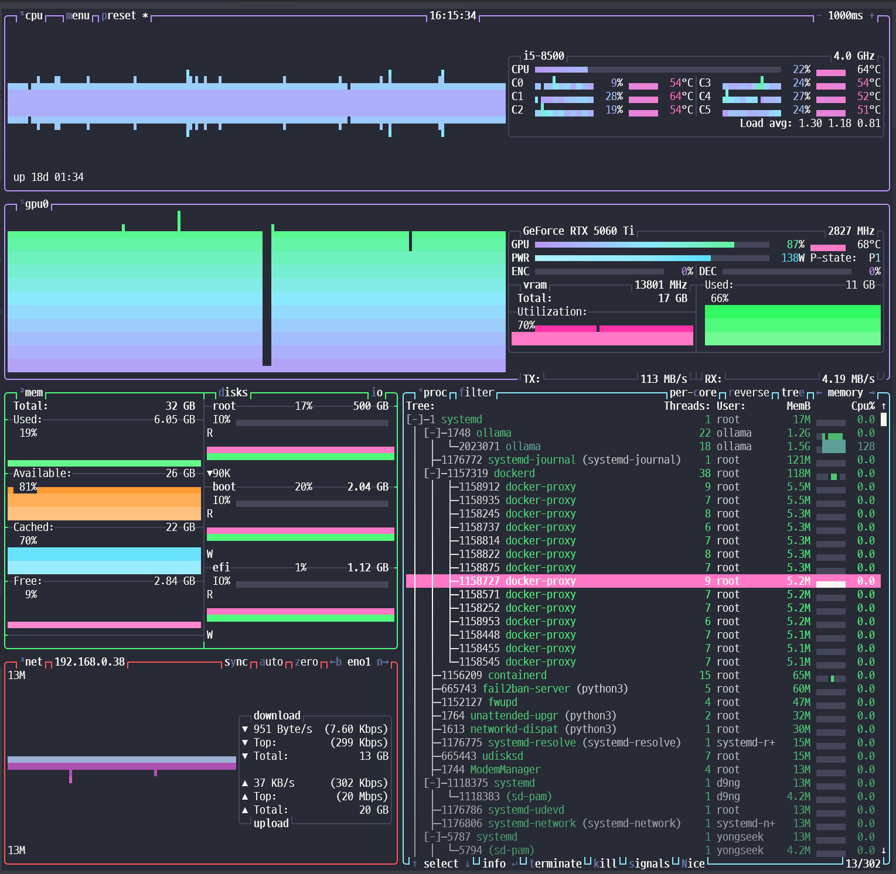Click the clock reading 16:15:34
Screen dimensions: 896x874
coord(453,16)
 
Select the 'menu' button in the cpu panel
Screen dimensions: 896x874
coord(78,16)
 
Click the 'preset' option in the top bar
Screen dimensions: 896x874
coord(119,16)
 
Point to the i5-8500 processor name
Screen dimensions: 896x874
coord(544,56)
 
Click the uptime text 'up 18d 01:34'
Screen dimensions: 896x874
coord(49,177)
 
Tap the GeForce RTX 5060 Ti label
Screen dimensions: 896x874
coord(578,231)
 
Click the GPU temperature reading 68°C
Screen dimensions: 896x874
coord(869,245)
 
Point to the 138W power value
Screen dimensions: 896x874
coord(793,258)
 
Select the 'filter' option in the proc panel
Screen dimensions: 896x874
coord(476,393)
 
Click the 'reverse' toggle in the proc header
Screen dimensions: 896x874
coord(749,393)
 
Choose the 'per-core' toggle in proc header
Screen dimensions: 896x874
coord(693,393)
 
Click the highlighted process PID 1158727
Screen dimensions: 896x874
coord(479,581)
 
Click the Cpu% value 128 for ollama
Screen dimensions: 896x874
coord(866,447)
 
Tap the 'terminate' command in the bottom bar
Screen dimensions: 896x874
coord(556,864)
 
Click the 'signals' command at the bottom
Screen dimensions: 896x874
coord(649,864)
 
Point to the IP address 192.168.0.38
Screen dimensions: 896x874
coord(90,662)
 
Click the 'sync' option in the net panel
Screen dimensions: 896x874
coord(236,662)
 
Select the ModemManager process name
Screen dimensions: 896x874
coord(506,770)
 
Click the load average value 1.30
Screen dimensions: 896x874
coord(810,124)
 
